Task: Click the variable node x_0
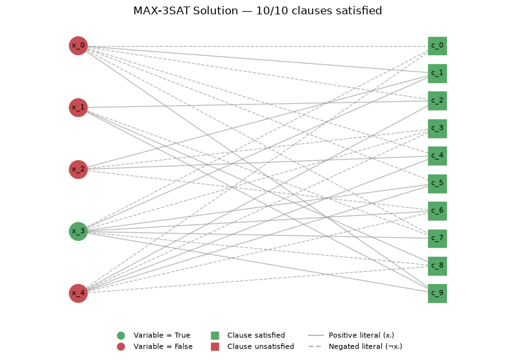click(x=78, y=45)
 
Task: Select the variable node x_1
click(x=78, y=108)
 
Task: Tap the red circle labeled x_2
click(x=78, y=169)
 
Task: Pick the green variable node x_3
click(x=78, y=231)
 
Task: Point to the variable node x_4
click(x=78, y=293)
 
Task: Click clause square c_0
click(x=437, y=46)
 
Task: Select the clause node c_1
click(x=437, y=73)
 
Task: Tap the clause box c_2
click(x=437, y=101)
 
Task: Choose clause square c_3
click(x=437, y=128)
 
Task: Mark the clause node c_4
click(x=437, y=156)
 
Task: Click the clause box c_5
click(x=437, y=184)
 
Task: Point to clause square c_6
click(x=437, y=211)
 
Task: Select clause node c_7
click(x=437, y=239)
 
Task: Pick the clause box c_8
click(x=437, y=266)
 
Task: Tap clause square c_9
click(x=437, y=293)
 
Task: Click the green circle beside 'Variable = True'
click(x=121, y=335)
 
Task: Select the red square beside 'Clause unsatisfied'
click(x=215, y=346)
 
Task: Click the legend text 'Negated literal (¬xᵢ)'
click(x=365, y=346)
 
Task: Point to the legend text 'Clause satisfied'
click(x=256, y=335)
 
